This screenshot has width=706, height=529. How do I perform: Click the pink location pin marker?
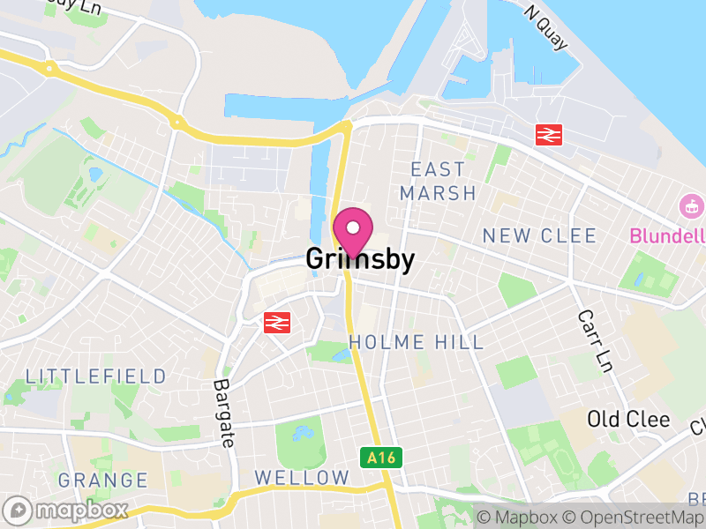click(x=353, y=231)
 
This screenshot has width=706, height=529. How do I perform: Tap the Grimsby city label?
click(x=360, y=260)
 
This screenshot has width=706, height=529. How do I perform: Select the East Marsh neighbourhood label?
click(x=438, y=181)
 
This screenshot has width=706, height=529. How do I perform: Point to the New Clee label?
click(x=540, y=235)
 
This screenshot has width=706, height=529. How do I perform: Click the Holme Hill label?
click(x=417, y=342)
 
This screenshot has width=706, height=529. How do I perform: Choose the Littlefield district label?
click(x=95, y=376)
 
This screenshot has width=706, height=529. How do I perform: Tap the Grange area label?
click(x=103, y=481)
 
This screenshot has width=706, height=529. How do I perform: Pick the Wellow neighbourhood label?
click(x=302, y=477)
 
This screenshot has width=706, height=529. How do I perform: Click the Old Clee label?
click(x=629, y=419)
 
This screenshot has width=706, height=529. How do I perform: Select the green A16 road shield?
click(x=381, y=458)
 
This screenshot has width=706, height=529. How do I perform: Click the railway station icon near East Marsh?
click(x=549, y=135)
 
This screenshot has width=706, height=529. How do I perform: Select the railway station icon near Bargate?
click(x=277, y=322)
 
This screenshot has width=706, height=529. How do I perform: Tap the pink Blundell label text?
click(x=667, y=235)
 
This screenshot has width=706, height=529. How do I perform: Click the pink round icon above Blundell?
click(x=693, y=208)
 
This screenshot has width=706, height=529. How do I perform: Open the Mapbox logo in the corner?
click(x=67, y=510)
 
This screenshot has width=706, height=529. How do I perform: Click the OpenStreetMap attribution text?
click(x=641, y=518)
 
